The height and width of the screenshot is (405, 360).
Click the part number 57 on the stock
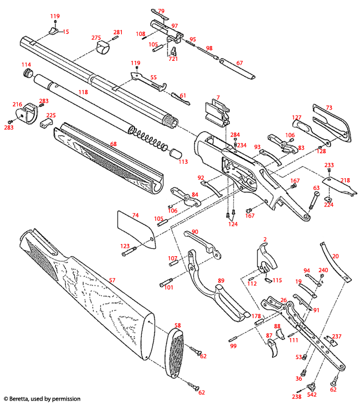112,281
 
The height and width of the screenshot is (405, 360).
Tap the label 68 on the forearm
113,144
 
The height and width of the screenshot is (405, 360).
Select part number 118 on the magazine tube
83,92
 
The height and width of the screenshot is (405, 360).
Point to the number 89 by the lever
221,281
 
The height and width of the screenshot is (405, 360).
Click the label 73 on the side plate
328,107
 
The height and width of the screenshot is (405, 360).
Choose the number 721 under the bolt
173,59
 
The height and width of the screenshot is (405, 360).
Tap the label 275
96,38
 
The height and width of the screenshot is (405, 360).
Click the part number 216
17,104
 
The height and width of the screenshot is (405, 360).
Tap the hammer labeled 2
266,256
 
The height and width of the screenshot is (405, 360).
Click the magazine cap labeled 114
25,74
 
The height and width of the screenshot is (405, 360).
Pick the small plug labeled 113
175,153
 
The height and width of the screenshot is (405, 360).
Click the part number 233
329,165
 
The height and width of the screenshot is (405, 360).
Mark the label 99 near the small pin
233,346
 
